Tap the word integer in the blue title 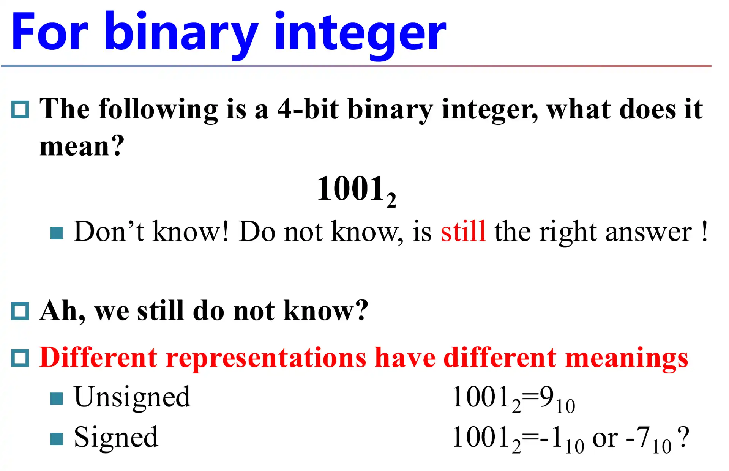(360, 32)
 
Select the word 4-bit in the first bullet (308, 109)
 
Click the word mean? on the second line (82, 146)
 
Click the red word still (463, 231)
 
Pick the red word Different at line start (98, 358)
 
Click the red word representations (266, 358)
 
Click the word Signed (116, 438)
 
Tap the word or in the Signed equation (605, 438)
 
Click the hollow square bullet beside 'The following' (20, 110)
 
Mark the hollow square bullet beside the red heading (20, 358)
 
